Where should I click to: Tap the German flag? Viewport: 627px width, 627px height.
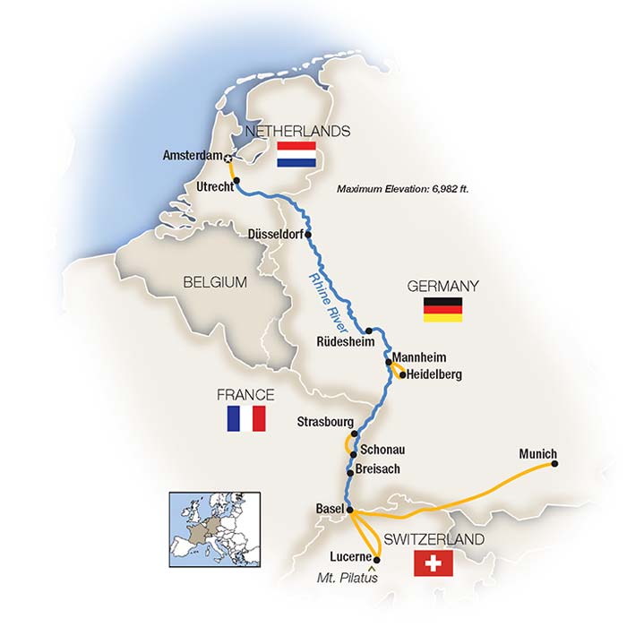point(443,309)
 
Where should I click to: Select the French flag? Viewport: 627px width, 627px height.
point(246,418)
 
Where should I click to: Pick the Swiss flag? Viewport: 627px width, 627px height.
point(434,564)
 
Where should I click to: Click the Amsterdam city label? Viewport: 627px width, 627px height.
point(191,156)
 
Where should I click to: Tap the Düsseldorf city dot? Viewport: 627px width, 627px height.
point(309,235)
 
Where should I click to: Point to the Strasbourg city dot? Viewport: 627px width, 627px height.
point(355,434)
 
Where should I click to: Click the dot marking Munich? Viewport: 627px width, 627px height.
point(554,465)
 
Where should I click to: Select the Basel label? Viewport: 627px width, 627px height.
point(330,510)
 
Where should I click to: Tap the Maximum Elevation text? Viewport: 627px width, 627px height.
point(404,189)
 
